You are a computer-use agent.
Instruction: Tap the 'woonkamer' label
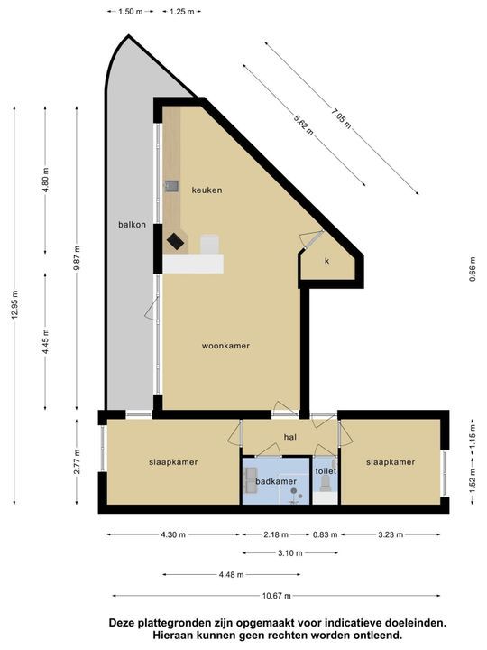225,346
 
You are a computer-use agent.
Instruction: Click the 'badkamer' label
275,481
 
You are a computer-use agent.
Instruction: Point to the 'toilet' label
325,471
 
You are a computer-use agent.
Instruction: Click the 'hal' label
289,437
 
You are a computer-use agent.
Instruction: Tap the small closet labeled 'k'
327,261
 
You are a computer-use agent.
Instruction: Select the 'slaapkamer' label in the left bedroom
173,462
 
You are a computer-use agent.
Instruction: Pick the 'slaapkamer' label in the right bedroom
391,462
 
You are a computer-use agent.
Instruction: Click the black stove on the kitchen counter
174,241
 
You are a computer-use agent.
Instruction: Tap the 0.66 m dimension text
472,269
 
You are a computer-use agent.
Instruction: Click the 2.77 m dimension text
78,465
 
